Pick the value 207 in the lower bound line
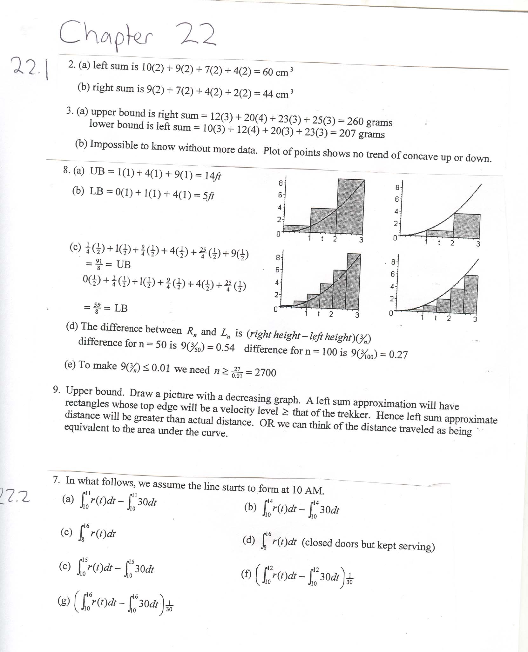347,133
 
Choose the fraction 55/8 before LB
97,308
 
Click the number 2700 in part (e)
265,372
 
